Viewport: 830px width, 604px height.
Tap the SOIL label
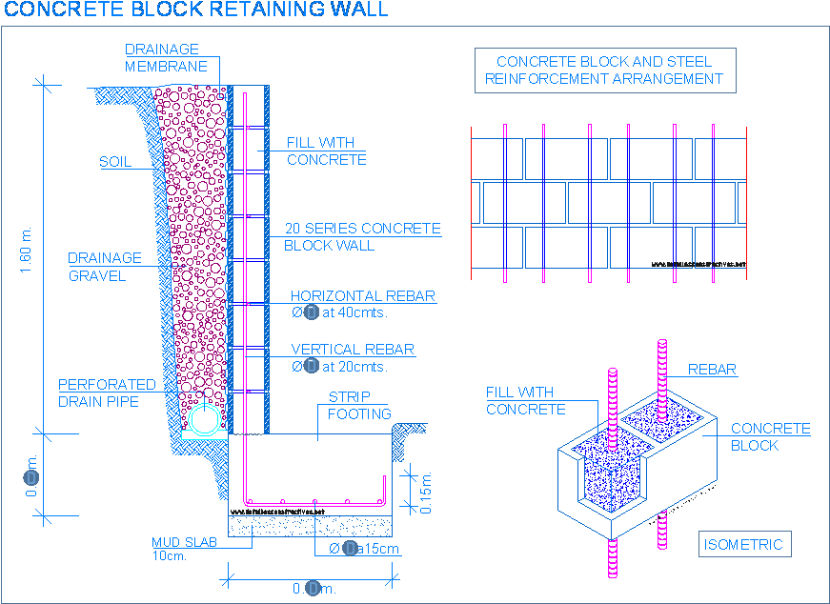[115, 163]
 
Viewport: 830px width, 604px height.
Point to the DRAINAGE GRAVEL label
[105, 267]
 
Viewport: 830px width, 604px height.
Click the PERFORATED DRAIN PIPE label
[107, 393]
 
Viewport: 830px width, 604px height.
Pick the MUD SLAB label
[184, 543]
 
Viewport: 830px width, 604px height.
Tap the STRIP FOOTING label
[359, 405]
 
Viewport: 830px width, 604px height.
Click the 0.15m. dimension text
[427, 493]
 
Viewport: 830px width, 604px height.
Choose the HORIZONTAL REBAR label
[362, 296]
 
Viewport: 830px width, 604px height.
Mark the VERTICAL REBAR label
[353, 350]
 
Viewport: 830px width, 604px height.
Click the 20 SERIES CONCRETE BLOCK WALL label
[362, 237]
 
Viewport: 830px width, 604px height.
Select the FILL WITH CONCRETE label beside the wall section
[326, 151]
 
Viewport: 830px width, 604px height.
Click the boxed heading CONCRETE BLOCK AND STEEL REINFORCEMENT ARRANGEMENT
[604, 70]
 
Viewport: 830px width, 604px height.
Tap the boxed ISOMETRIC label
[743, 545]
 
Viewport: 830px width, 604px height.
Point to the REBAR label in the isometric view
[712, 370]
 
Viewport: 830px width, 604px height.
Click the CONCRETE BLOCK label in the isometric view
[770, 437]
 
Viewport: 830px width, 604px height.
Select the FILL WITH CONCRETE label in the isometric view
[526, 401]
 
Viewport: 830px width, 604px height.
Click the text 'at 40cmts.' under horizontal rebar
[354, 313]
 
